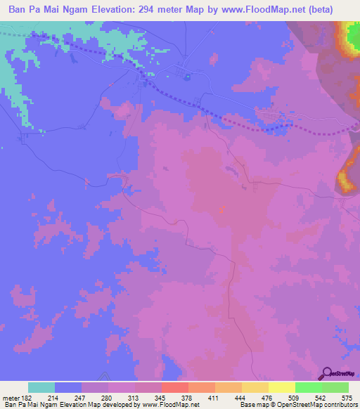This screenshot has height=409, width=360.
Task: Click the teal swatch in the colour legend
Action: pos(41,387)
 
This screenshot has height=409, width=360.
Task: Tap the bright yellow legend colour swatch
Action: pos(282,387)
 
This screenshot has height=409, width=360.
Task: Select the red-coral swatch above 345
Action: pos(175,387)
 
